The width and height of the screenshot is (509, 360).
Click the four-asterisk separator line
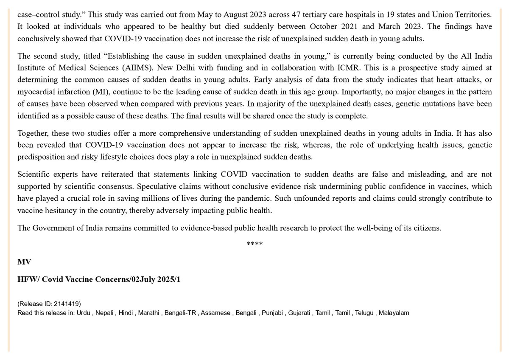(x=255, y=244)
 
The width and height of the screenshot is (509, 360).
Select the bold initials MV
(x=24, y=262)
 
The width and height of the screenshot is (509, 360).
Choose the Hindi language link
(x=126, y=313)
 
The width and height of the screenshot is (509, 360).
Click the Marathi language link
(x=150, y=313)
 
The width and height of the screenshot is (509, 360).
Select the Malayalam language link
(x=394, y=313)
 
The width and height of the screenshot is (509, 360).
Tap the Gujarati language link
(x=299, y=313)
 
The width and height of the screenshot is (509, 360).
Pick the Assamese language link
(x=214, y=313)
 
